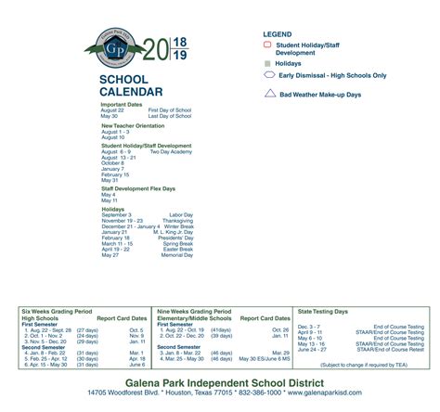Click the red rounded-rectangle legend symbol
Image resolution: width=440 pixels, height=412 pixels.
[268, 44]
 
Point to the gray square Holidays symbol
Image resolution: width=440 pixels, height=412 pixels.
[268, 62]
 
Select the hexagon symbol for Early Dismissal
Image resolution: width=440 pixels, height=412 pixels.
[269, 74]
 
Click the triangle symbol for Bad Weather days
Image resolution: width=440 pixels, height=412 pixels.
[269, 93]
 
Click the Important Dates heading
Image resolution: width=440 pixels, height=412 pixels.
[122, 104]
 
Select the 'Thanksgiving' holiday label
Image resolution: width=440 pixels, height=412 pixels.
[178, 220]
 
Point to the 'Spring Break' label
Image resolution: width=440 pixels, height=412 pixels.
[178, 243]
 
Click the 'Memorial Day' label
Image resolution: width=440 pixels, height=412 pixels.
[177, 254]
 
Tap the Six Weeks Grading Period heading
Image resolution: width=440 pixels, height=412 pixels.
[56, 311]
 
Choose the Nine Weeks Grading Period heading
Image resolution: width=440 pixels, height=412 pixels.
[195, 311]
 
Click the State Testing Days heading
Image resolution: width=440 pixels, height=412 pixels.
[323, 311]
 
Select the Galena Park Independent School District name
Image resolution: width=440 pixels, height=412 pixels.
[219, 380]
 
